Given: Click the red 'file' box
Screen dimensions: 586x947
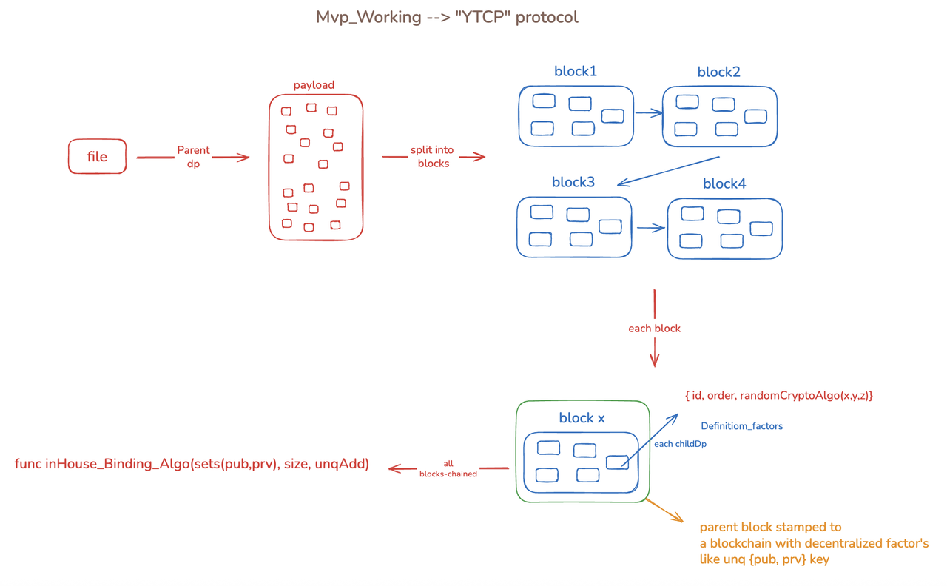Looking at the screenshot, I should tap(97, 157).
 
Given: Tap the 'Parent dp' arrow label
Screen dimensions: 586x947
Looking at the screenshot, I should tap(193, 157).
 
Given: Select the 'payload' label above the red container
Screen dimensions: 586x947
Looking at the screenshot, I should tap(314, 85).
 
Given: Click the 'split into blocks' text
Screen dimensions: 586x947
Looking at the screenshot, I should tap(433, 157).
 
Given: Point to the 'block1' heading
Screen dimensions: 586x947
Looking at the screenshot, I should tap(576, 72).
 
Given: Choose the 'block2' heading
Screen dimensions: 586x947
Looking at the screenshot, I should tap(718, 73).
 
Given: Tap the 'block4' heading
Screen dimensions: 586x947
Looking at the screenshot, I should tap(724, 184).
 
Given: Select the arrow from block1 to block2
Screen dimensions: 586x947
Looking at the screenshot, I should tap(648, 113).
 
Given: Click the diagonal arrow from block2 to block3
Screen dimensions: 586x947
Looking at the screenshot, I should tap(668, 171).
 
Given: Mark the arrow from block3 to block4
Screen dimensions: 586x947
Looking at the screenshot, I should tap(650, 229).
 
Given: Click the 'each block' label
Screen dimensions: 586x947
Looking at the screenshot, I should tap(654, 329).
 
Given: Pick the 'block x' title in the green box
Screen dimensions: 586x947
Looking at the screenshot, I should tap(582, 418).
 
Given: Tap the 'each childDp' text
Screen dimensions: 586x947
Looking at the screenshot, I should tap(680, 444).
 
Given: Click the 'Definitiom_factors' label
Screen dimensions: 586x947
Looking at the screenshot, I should tap(741, 426).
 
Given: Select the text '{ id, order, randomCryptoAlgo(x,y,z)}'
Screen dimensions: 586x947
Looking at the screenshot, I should tap(779, 396).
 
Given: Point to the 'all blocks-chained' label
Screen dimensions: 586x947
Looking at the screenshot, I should tap(448, 469).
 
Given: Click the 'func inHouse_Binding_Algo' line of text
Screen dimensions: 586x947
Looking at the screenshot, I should tap(192, 465).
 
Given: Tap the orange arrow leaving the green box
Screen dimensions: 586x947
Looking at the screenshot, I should tap(664, 511).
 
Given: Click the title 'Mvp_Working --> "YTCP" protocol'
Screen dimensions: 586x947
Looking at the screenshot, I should tap(447, 17).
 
